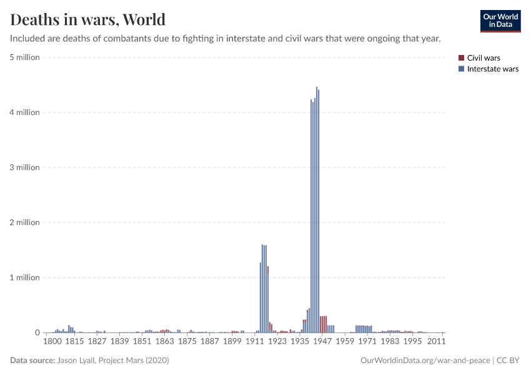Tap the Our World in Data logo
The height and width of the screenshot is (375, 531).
(x=500, y=21)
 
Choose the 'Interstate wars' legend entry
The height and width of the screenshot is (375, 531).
(x=492, y=69)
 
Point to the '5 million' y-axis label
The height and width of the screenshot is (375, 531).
(x=24, y=57)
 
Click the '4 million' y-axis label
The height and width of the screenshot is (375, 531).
(x=24, y=112)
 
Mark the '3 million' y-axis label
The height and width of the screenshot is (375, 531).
(x=24, y=167)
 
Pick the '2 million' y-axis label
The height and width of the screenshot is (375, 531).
(x=24, y=222)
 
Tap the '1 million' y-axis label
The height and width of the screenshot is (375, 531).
(x=24, y=277)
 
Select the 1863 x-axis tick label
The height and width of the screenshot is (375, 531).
(x=164, y=342)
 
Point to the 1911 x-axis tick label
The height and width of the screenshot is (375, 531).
(x=254, y=342)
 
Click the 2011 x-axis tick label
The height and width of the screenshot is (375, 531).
(x=436, y=342)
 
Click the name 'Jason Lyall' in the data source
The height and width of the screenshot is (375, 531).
(x=78, y=361)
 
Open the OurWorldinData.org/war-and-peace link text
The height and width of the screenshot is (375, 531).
(x=425, y=361)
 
